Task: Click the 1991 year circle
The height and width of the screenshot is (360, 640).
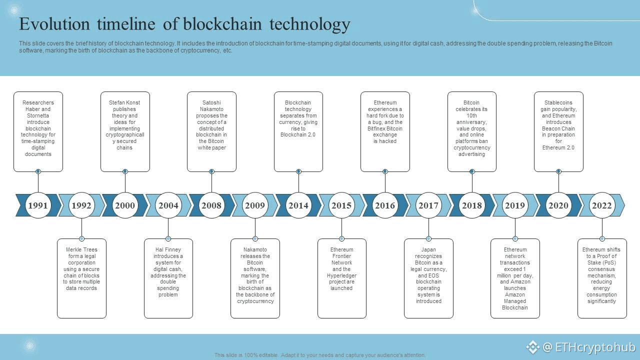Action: [x=38, y=205]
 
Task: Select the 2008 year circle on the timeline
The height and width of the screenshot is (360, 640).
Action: [x=211, y=205]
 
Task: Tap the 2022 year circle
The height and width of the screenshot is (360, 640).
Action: [x=601, y=205]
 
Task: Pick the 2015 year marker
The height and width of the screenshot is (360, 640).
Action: [x=341, y=205]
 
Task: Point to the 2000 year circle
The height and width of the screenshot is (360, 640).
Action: [x=125, y=205]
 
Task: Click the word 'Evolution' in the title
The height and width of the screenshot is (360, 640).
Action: [x=55, y=24]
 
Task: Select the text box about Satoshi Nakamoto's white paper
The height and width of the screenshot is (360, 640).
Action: [x=211, y=131]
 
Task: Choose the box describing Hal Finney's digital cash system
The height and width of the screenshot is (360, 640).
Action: [x=168, y=278]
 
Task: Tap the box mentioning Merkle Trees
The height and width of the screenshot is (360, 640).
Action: [x=81, y=278]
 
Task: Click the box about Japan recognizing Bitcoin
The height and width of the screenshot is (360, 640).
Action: [x=428, y=278]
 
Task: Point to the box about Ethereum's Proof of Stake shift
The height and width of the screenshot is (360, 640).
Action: [x=602, y=278]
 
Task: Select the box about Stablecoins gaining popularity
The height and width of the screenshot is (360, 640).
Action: [x=558, y=131]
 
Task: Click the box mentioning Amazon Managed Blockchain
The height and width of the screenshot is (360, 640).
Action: [x=515, y=278]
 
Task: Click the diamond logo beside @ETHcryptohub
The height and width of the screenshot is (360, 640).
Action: [x=532, y=346]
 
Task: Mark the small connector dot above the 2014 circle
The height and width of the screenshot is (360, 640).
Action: [x=298, y=171]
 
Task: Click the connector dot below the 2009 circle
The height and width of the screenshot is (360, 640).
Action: [x=255, y=238]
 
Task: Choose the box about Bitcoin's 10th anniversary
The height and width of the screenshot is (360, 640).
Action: [x=472, y=131]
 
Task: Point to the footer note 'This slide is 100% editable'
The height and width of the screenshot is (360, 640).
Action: [x=320, y=355]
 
